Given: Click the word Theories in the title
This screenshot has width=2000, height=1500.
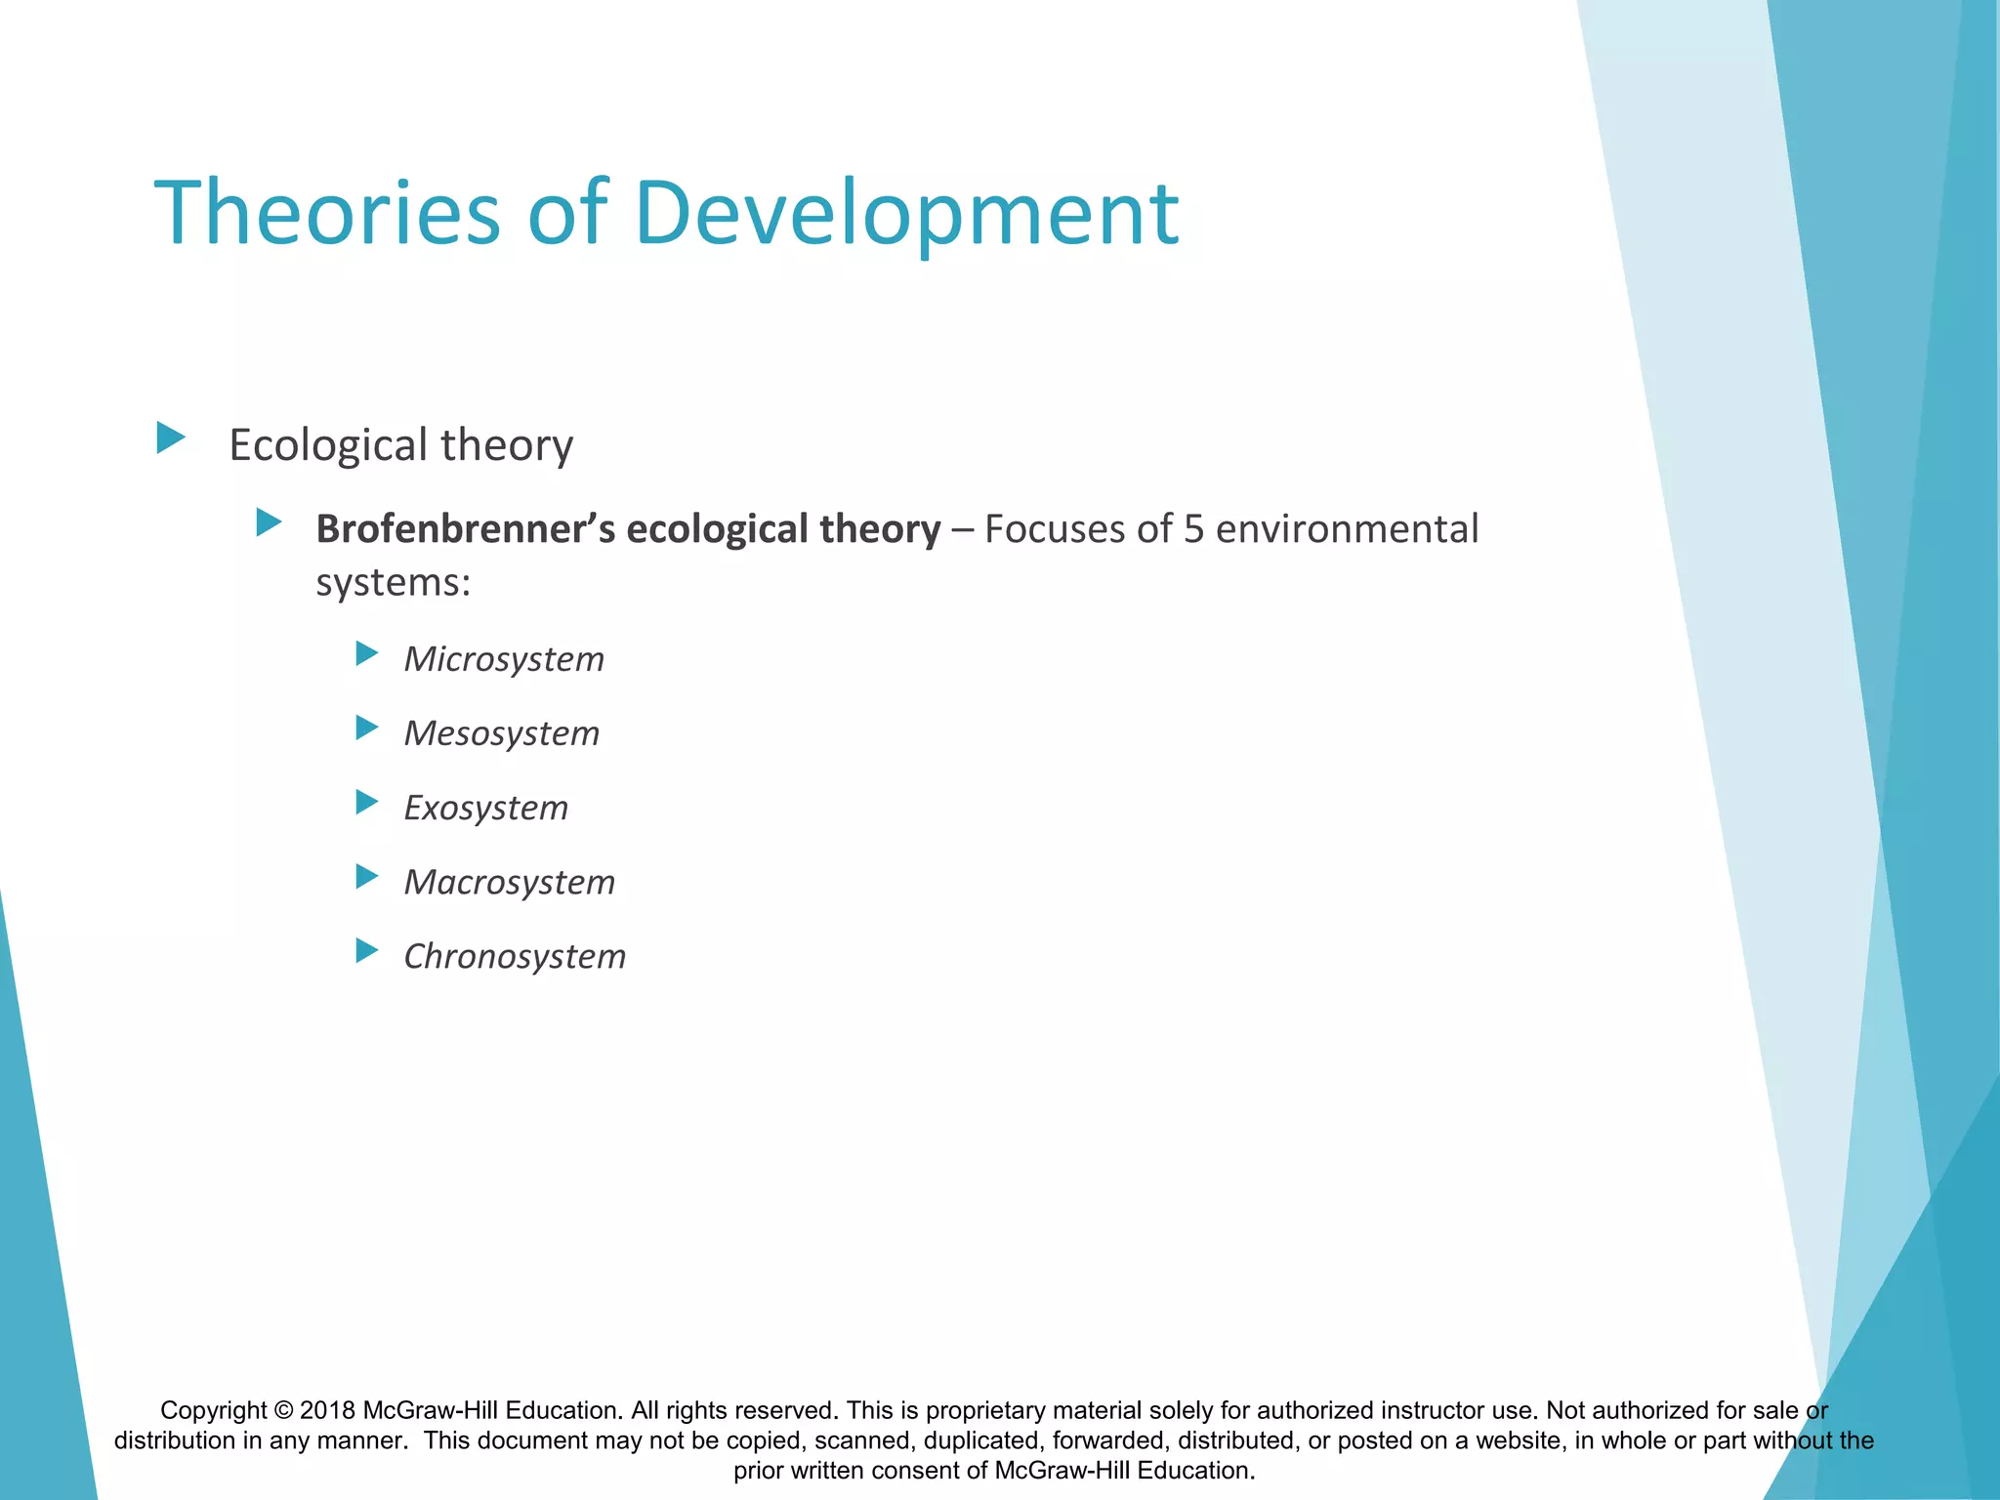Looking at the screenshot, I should tap(327, 213).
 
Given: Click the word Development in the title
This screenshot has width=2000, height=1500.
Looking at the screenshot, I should tap(906, 213).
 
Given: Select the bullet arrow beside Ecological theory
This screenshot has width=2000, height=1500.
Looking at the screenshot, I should tap(171, 437).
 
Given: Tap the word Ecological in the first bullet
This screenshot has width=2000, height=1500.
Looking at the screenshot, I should tap(328, 445).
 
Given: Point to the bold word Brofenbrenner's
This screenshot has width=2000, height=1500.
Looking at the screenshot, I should tap(465, 528).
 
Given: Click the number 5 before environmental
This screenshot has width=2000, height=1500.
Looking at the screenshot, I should tap(1194, 528).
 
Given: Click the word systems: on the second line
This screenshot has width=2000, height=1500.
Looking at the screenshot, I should tap(394, 583).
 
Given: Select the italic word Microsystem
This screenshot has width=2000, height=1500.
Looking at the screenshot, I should tap(504, 659).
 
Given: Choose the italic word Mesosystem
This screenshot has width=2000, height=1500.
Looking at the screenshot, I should tap(502, 733).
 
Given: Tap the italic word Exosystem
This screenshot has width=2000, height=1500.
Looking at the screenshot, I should tap(486, 808).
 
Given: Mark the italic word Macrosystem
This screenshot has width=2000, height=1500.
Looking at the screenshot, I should tap(510, 882).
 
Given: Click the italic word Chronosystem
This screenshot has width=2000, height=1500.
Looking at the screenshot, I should tap(515, 956).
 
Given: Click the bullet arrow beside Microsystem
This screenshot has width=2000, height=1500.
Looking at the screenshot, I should tap(367, 653).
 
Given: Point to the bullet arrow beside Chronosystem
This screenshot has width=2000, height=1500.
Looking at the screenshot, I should tap(367, 950).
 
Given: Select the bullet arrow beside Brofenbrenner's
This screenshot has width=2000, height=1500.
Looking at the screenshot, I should tap(269, 522).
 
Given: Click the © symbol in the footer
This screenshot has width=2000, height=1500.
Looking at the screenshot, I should tap(283, 1411).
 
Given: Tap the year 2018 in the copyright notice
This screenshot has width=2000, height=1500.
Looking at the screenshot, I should tap(327, 1411).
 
